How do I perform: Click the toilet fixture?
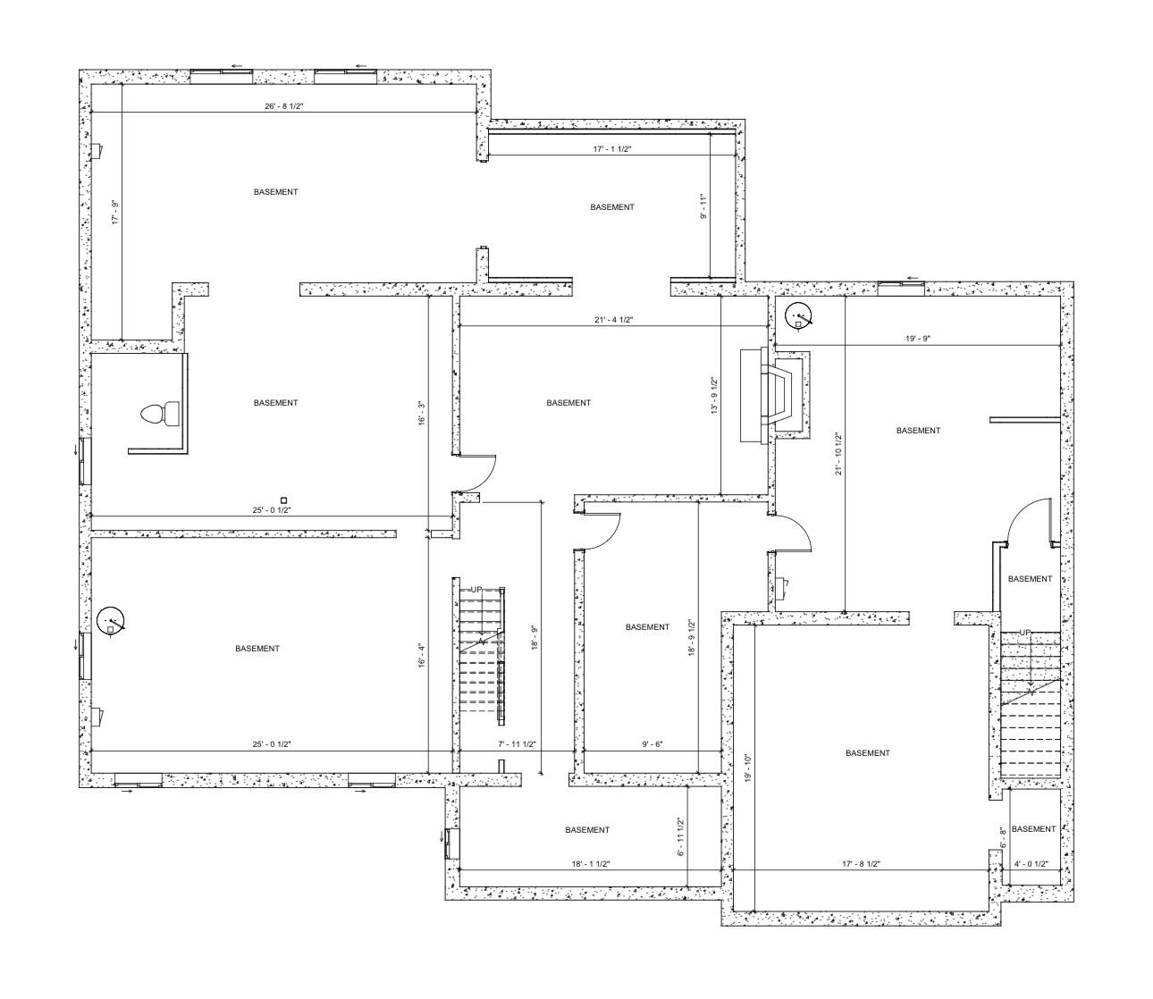click(x=159, y=414)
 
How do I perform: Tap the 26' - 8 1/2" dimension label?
click(x=283, y=106)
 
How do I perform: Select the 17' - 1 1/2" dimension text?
click(x=612, y=149)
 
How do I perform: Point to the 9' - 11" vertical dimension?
click(x=703, y=206)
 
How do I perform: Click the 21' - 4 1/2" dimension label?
click(x=614, y=320)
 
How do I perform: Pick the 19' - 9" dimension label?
click(x=918, y=338)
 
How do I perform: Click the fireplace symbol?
click(x=775, y=394)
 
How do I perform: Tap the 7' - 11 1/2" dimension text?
click(x=517, y=743)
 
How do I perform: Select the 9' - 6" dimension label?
click(x=652, y=743)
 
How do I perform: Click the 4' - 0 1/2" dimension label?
click(x=1031, y=864)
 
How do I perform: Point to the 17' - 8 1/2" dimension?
click(x=861, y=864)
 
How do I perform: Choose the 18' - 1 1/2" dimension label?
click(x=591, y=864)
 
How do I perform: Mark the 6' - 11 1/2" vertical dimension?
click(x=680, y=836)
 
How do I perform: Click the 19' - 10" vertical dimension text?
click(x=748, y=768)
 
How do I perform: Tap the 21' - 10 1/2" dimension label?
click(x=837, y=454)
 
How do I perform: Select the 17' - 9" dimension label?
click(x=115, y=212)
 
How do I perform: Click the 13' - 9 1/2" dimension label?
click(x=714, y=396)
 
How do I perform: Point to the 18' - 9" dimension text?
click(x=534, y=637)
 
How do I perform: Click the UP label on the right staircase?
click(x=1025, y=632)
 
